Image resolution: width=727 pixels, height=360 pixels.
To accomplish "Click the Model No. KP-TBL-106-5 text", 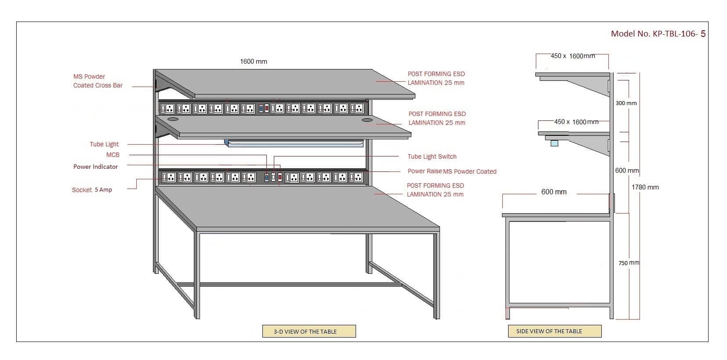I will click(658, 34).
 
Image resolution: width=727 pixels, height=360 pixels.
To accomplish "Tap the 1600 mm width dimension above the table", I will click(254, 62).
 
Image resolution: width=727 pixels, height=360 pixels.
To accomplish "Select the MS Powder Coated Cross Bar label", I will click(98, 81).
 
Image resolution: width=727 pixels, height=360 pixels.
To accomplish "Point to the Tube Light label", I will click(104, 144).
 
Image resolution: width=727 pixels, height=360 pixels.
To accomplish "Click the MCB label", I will click(113, 155).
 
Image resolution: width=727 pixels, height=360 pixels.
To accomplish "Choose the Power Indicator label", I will click(95, 167).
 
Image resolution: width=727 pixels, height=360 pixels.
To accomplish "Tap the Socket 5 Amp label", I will click(92, 190).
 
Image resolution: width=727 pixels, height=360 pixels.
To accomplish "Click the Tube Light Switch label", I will click(432, 156).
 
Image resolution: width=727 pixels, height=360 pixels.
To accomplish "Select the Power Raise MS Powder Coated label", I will click(452, 171).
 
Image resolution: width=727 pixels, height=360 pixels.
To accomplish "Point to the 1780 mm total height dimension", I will click(645, 187).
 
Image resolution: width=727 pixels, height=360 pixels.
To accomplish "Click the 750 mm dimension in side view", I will click(629, 263).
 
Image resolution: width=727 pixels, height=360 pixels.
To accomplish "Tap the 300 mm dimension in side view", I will click(626, 103).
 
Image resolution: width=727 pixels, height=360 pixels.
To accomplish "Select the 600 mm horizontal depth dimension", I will click(554, 192).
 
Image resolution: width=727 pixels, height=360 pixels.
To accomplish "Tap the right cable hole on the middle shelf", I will click(367, 120).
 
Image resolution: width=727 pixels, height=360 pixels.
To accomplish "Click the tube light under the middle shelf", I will click(294, 143).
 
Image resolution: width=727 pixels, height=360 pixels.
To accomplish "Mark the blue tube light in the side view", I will click(554, 143).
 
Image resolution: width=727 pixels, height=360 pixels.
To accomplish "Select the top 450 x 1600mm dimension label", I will click(573, 56).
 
